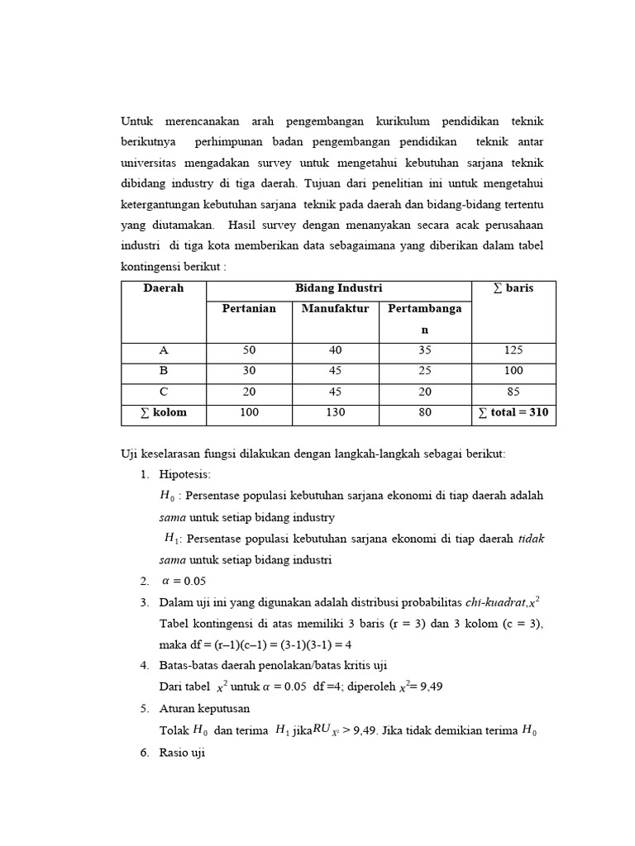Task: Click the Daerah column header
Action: [164, 288]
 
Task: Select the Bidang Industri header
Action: [338, 288]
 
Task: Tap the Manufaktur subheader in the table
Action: [335, 309]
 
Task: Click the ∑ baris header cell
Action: [513, 288]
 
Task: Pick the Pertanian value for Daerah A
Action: [249, 350]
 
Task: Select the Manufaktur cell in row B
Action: [335, 371]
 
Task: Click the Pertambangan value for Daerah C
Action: [425, 392]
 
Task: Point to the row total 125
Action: [513, 350]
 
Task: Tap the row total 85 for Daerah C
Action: [513, 392]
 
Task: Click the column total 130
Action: [335, 412]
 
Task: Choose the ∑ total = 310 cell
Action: [513, 412]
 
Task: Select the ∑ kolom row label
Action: [164, 412]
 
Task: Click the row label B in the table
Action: [164, 371]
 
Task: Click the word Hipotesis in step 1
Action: [185, 474]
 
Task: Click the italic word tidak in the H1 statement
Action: [531, 539]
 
